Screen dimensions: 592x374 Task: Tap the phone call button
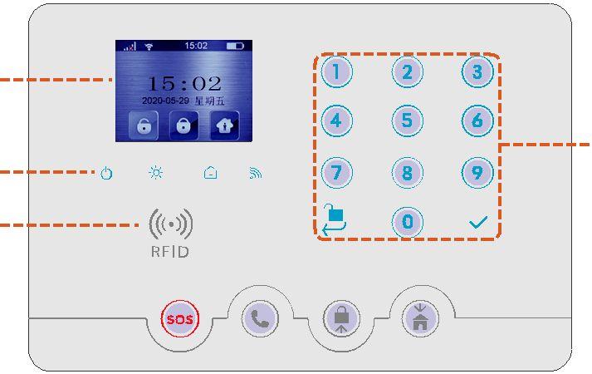coord(260,320)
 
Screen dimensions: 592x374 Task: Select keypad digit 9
coord(477,173)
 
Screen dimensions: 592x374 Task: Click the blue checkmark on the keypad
coord(477,223)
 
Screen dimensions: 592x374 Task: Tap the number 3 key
coord(477,72)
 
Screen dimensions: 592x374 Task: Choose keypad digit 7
coord(336,173)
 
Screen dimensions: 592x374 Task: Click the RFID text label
coord(169,251)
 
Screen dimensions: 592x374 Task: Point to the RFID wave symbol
coord(170,224)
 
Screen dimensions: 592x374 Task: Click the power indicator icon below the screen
coord(106,174)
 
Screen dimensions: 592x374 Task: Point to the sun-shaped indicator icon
coord(156,173)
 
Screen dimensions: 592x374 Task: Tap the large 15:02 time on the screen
coord(184,84)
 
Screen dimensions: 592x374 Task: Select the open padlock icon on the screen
coord(144,125)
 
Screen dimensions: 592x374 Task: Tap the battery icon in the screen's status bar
coord(235,46)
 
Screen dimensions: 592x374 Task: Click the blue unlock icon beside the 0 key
coord(335,220)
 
